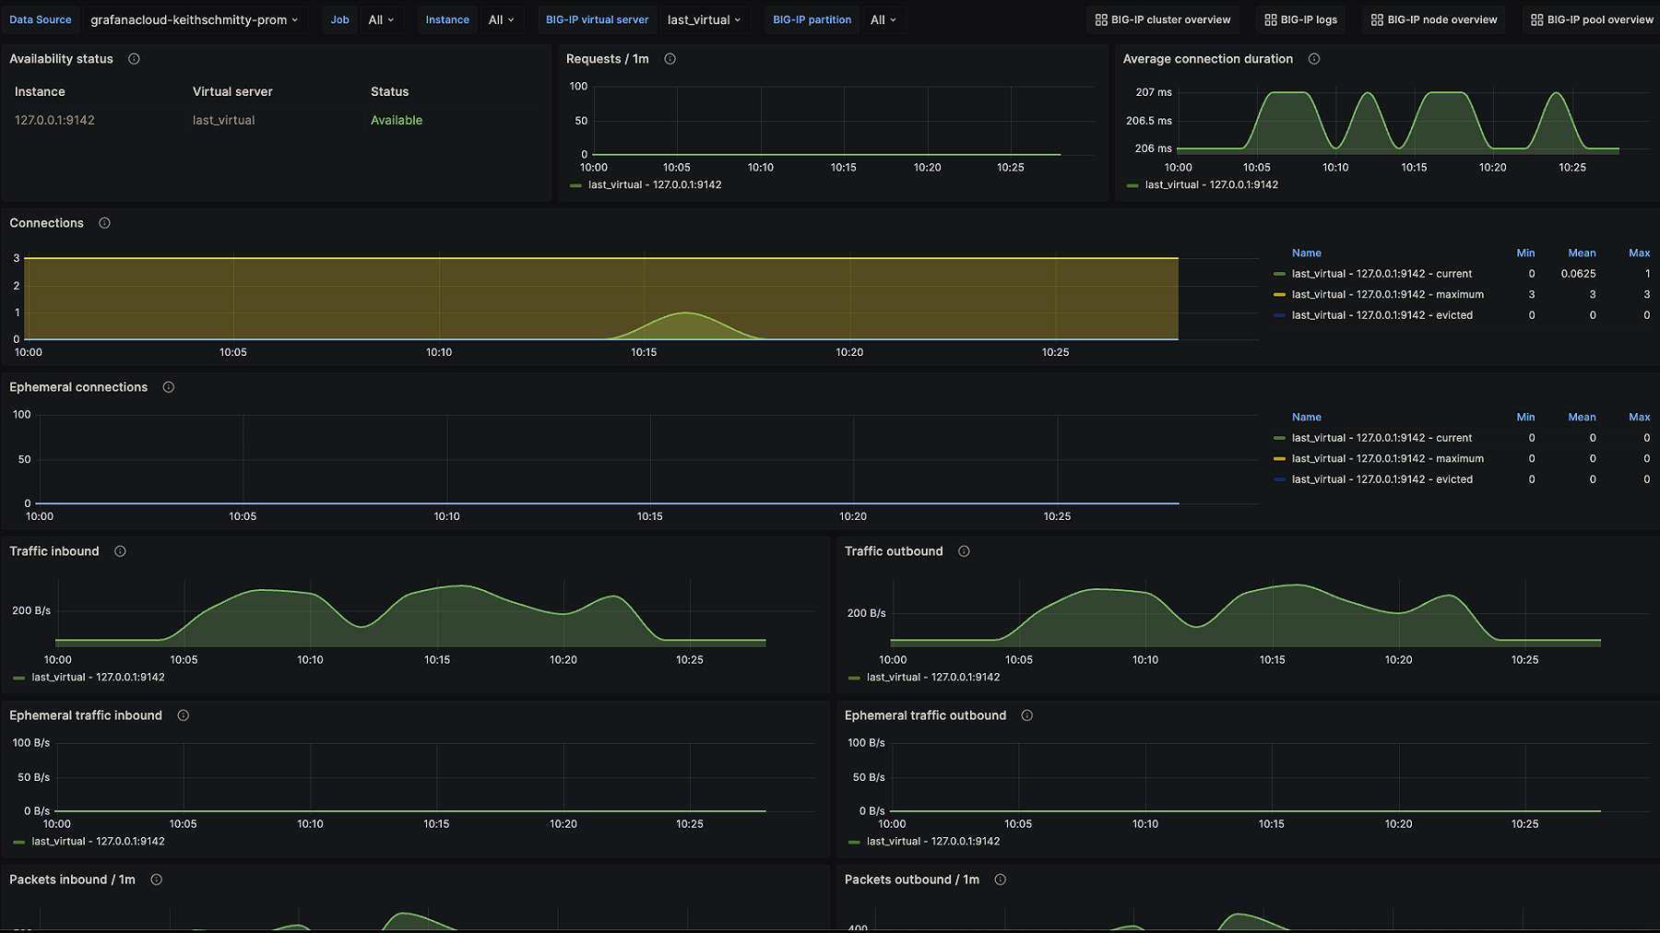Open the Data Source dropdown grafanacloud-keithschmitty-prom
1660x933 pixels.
click(x=194, y=19)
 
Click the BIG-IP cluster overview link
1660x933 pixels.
click(x=1162, y=19)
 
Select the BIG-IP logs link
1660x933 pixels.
click(x=1300, y=19)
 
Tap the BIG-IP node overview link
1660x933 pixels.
click(x=1434, y=19)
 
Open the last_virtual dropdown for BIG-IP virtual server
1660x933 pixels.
click(x=704, y=19)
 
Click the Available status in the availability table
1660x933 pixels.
click(x=397, y=120)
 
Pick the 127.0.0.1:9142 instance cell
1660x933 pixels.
click(x=54, y=120)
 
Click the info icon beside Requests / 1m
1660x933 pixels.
click(x=670, y=59)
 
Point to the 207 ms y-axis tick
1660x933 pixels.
click(x=1153, y=92)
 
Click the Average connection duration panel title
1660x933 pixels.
click(x=1207, y=59)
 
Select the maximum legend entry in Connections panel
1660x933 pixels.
click(x=1387, y=294)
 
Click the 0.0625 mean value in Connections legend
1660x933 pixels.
click(x=1578, y=274)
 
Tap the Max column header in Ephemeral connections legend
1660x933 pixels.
click(x=1639, y=417)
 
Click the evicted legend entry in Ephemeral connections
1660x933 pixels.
click(x=1381, y=479)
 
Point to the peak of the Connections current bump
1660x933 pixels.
click(x=685, y=313)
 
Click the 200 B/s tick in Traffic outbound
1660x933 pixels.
click(x=866, y=613)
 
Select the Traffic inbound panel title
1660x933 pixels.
click(x=54, y=551)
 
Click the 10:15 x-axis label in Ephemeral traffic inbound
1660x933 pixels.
click(x=436, y=824)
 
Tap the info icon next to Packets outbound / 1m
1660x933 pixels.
click(x=1000, y=880)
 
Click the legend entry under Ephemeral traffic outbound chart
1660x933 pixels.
click(x=932, y=841)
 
